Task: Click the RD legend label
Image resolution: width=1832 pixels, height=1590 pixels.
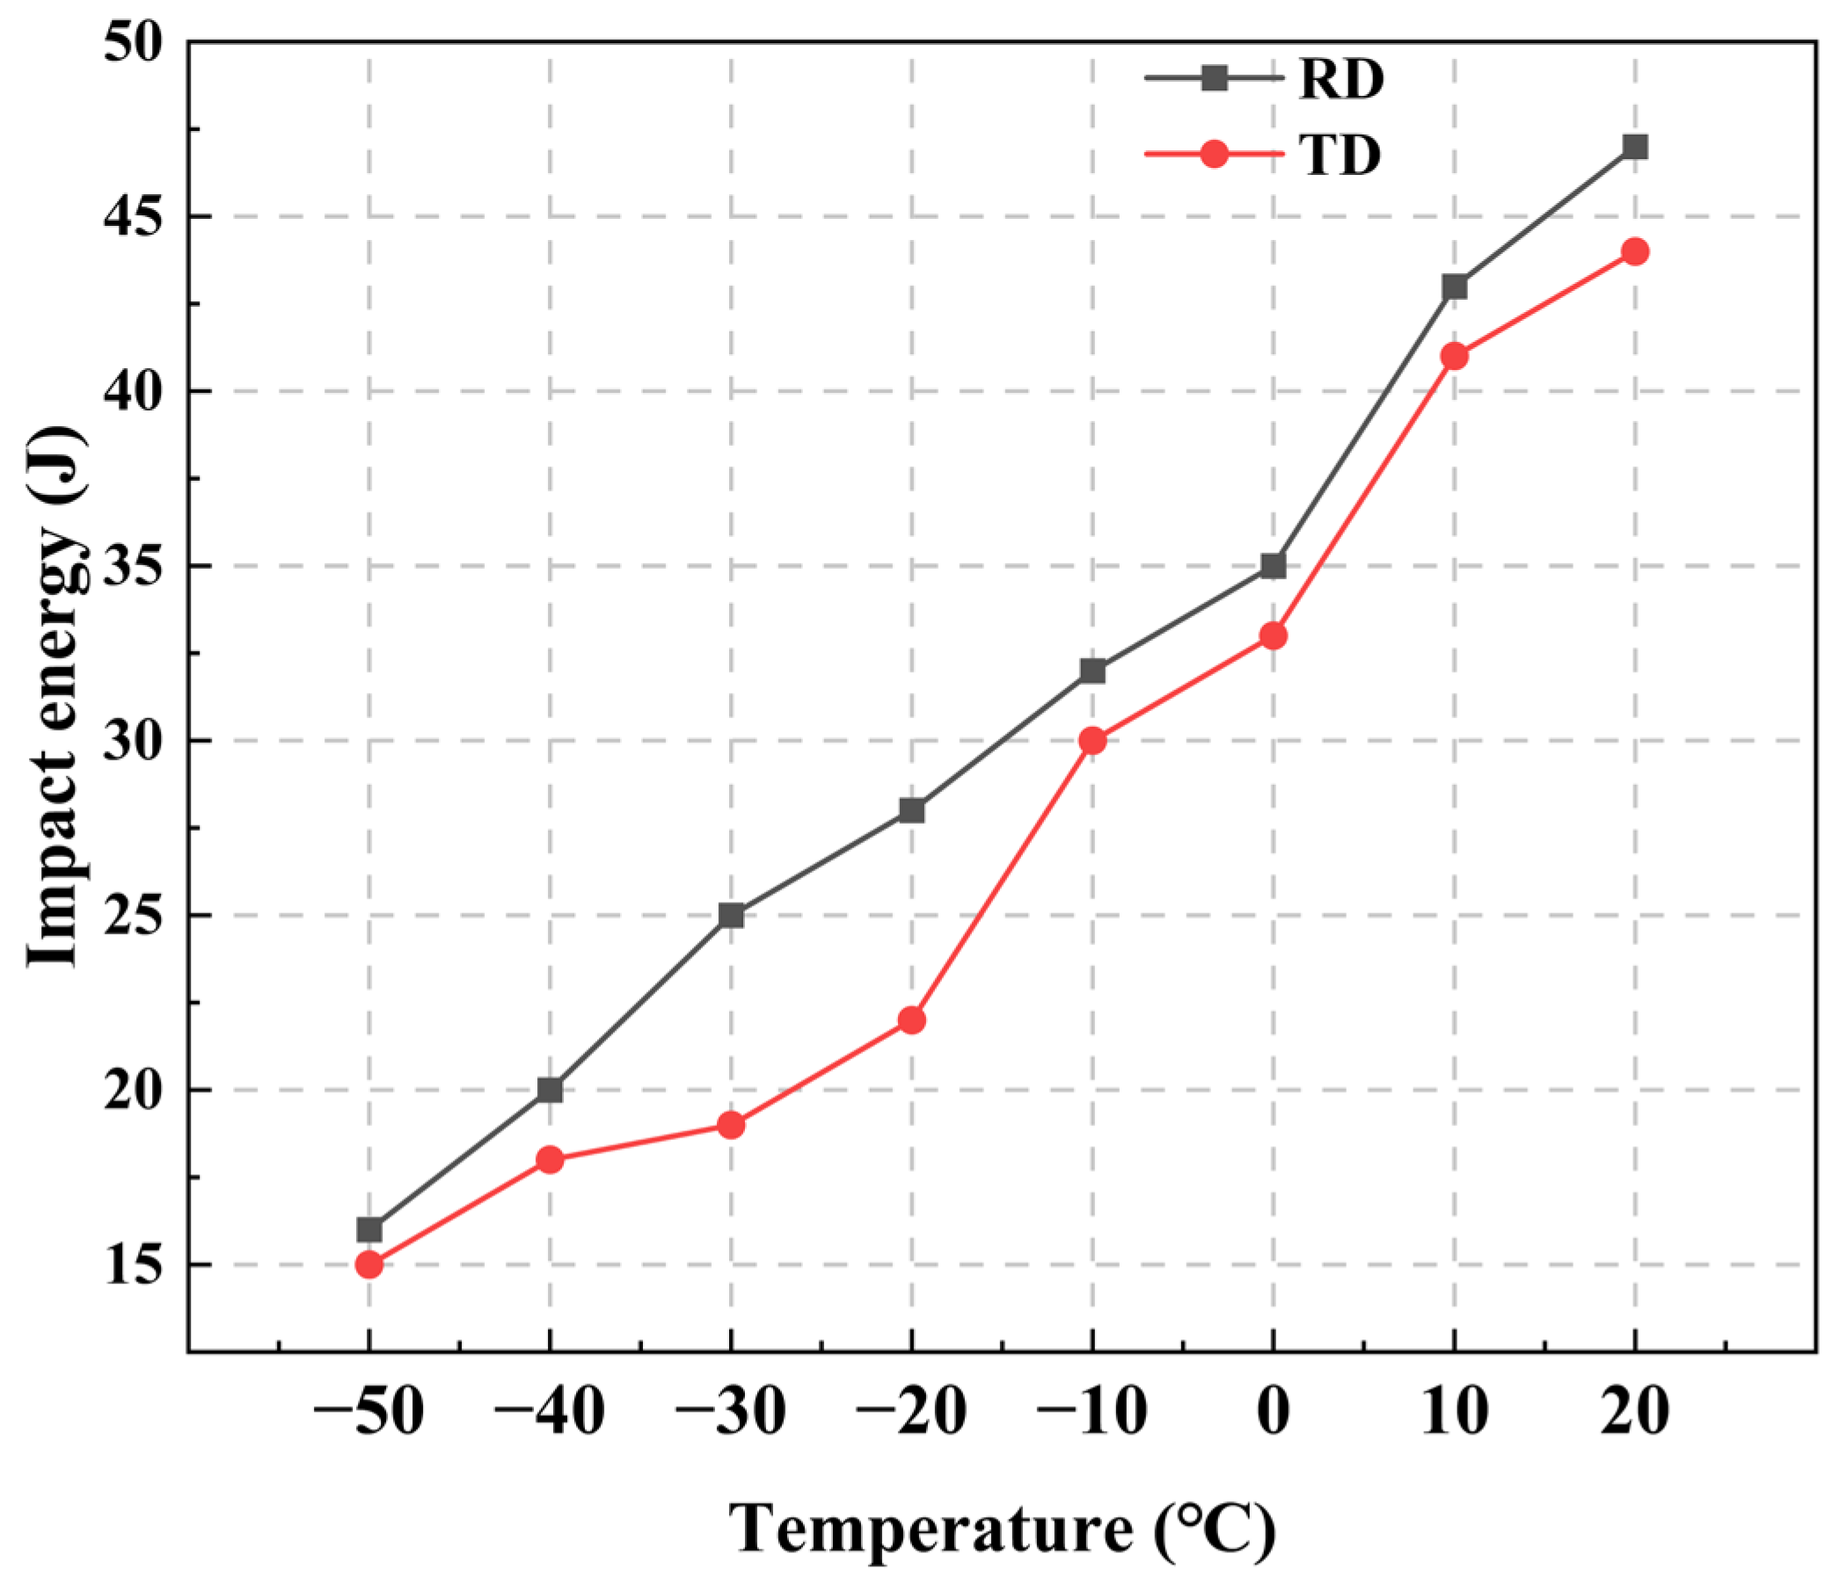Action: coord(1340,80)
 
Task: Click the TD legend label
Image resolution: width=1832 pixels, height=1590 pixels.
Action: coord(1340,156)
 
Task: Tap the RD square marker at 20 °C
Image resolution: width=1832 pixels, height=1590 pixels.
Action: coord(1635,148)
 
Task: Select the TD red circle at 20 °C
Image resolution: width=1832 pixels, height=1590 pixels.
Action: coord(1635,252)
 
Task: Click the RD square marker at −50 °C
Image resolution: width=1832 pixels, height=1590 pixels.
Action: coord(369,1230)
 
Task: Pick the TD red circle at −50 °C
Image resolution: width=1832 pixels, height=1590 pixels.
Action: coord(369,1265)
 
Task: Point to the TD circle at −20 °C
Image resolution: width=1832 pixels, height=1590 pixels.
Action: coord(911,1020)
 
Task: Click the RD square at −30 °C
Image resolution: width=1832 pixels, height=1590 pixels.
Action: coord(731,915)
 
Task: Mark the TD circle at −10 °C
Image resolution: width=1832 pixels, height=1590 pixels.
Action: coord(1092,741)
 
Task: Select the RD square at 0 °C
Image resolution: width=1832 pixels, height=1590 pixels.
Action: coord(1273,566)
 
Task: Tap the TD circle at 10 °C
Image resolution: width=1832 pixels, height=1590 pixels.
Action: coord(1454,357)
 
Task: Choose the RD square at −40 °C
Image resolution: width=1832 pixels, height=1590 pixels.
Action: coord(550,1090)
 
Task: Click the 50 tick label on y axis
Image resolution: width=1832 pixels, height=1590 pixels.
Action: coord(133,42)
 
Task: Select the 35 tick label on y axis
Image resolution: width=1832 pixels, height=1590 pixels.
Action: coord(133,567)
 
